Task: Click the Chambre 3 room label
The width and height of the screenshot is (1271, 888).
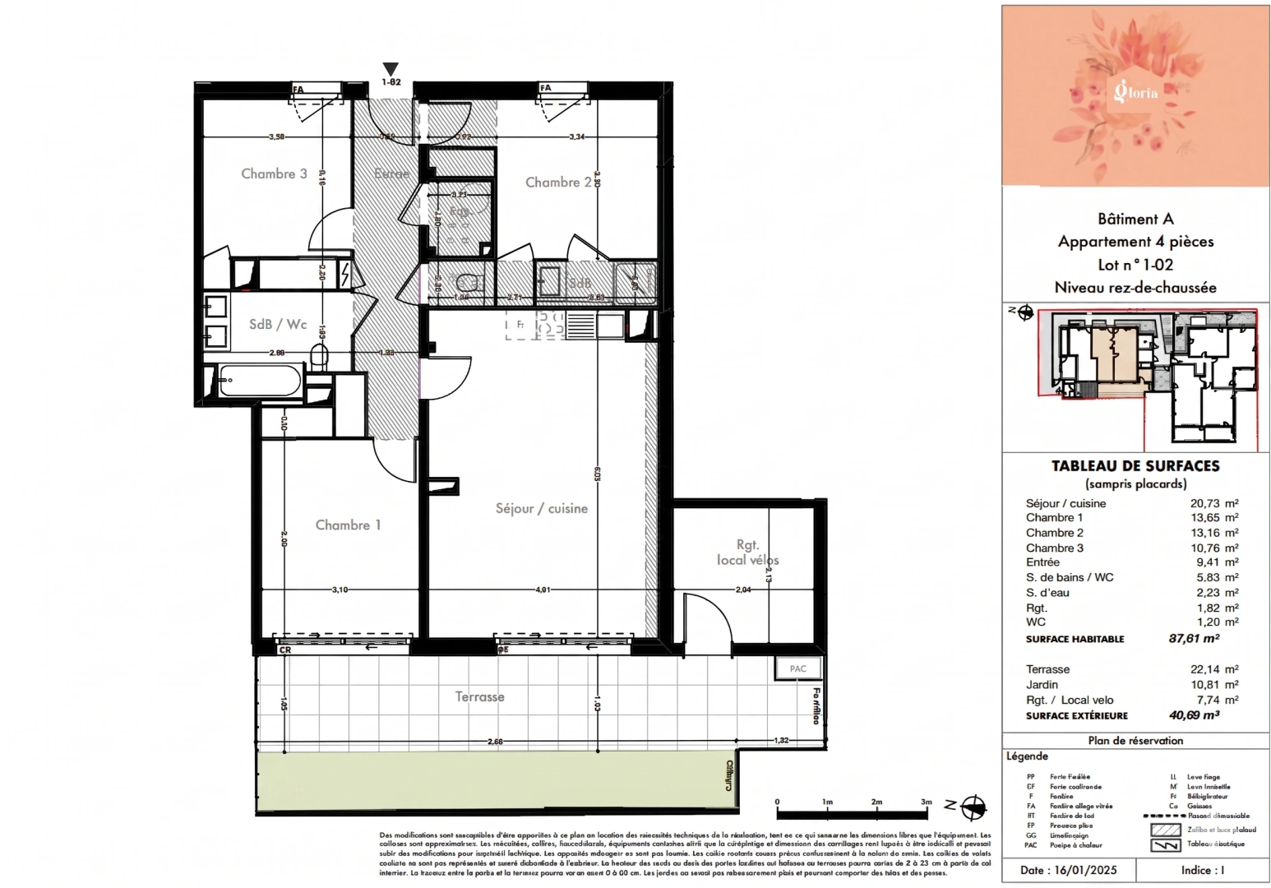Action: tap(274, 173)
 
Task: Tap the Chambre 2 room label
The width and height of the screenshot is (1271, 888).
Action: tap(558, 182)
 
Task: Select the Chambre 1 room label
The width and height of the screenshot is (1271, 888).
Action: tap(348, 525)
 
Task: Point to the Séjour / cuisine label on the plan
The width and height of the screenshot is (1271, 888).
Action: tap(541, 508)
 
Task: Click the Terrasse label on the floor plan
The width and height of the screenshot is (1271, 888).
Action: tap(479, 696)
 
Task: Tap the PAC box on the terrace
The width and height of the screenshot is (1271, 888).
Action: tap(797, 668)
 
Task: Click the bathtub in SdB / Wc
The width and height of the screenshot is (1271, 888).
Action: tap(259, 381)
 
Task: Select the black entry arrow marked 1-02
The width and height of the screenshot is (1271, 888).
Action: tap(391, 70)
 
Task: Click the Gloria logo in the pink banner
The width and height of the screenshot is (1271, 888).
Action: tap(1135, 91)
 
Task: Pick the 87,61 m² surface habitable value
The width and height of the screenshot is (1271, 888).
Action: tap(1194, 638)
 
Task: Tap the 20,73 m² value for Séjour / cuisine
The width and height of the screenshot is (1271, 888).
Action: tap(1213, 503)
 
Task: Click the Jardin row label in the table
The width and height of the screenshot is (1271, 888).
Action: tap(1042, 684)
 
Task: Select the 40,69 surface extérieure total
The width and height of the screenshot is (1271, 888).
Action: tap(1194, 715)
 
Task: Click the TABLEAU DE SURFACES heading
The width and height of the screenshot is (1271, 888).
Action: tap(1135, 465)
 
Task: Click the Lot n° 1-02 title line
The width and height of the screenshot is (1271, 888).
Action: tap(1135, 265)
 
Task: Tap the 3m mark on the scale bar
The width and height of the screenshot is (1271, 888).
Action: tap(926, 802)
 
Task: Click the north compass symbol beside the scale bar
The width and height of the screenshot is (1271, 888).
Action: tap(973, 807)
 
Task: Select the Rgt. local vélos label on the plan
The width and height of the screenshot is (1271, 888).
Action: tap(747, 552)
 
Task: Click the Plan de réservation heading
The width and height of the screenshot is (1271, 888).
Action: tap(1135, 740)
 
